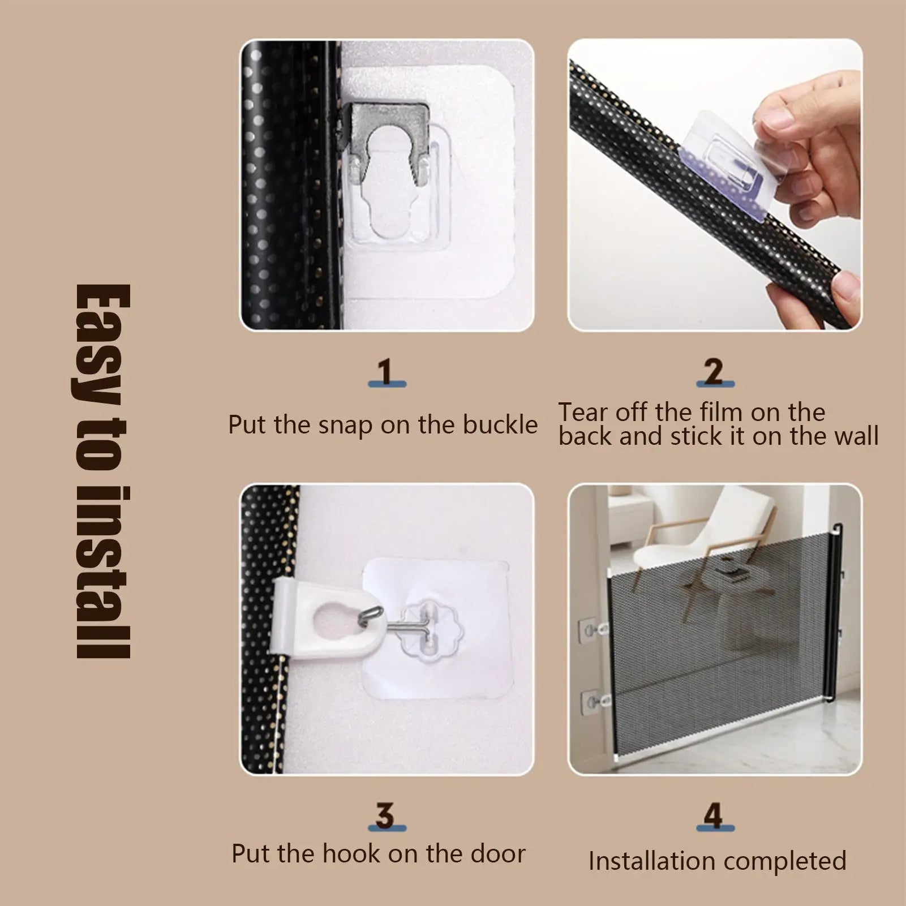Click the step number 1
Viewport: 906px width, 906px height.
pyautogui.click(x=386, y=372)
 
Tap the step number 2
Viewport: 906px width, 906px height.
pyautogui.click(x=714, y=372)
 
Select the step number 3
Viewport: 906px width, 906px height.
pyautogui.click(x=385, y=815)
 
